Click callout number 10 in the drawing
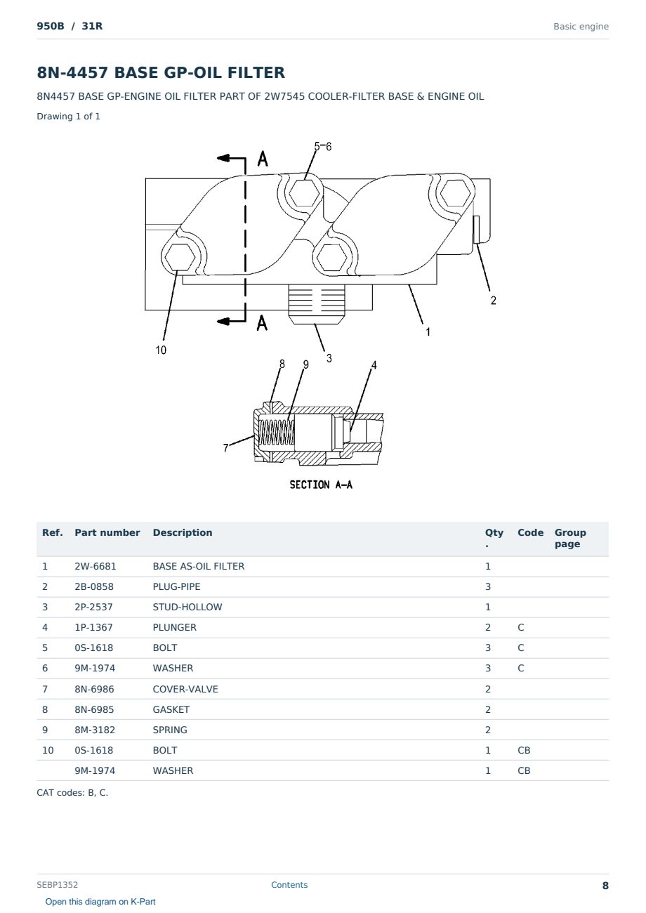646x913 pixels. point(161,350)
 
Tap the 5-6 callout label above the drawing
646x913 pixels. point(323,146)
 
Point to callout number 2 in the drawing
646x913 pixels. point(493,301)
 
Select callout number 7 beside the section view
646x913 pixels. point(226,448)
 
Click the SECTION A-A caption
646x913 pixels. point(321,485)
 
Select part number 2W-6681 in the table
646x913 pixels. point(95,566)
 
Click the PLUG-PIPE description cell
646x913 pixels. point(176,586)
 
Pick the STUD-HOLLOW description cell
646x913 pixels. point(187,607)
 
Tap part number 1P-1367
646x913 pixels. point(94,627)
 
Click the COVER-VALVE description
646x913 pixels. point(185,689)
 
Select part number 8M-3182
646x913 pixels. point(95,730)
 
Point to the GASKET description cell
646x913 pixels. point(171,709)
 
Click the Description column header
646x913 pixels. point(183,533)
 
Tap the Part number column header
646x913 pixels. point(107,533)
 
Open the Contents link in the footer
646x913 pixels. point(289,885)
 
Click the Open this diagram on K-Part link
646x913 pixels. point(100,902)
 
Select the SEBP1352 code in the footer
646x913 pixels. point(58,885)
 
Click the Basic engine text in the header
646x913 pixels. point(581,27)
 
